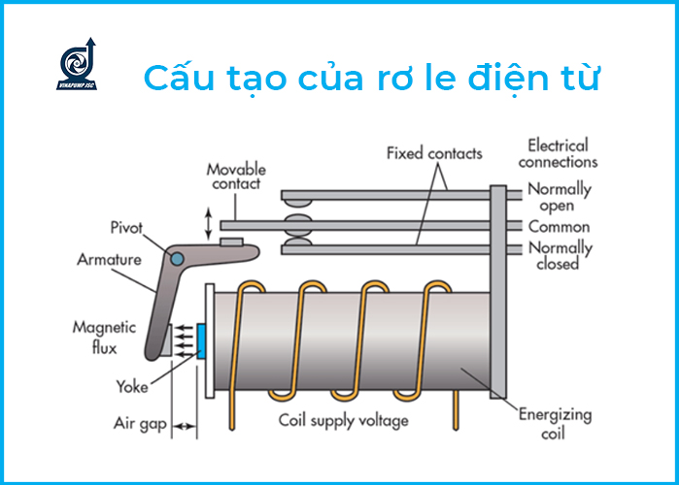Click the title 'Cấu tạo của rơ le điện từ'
pos(371,79)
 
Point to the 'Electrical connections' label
pos(558,153)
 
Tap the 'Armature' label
pos(109,260)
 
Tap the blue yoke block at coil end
pos(201,341)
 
